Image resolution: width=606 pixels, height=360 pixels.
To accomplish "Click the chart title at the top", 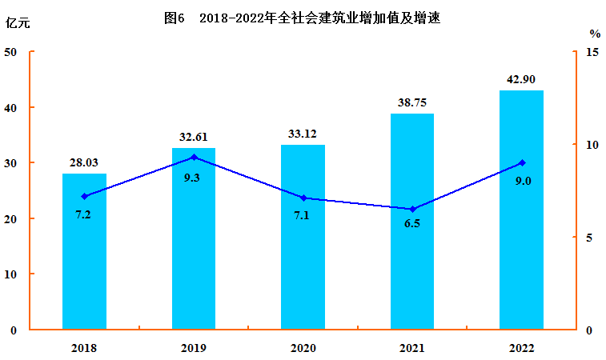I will pyautogui.click(x=302, y=18).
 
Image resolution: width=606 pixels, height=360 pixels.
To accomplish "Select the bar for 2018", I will pyautogui.click(x=84, y=251).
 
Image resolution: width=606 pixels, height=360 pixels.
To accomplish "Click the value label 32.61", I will pyautogui.click(x=193, y=137).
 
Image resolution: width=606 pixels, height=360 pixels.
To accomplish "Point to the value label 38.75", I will pyautogui.click(x=412, y=102).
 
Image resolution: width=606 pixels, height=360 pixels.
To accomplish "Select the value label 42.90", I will pyautogui.click(x=521, y=79).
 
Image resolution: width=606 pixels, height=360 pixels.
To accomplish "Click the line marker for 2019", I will pyautogui.click(x=194, y=157).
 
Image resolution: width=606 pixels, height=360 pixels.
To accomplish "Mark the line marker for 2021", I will pyautogui.click(x=412, y=209).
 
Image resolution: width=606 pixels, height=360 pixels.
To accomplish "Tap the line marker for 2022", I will pyautogui.click(x=521, y=162).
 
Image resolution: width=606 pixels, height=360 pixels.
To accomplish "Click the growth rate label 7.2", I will pyautogui.click(x=83, y=215).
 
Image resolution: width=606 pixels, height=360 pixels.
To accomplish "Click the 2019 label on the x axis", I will pyautogui.click(x=194, y=348).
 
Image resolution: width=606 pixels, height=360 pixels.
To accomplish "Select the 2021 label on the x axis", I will pyautogui.click(x=412, y=348).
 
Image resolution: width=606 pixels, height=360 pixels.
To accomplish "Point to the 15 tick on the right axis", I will pyautogui.click(x=592, y=52).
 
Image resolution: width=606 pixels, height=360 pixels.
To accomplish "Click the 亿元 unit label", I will pyautogui.click(x=18, y=22).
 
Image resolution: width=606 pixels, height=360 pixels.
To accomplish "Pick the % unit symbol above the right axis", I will pyautogui.click(x=595, y=34).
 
